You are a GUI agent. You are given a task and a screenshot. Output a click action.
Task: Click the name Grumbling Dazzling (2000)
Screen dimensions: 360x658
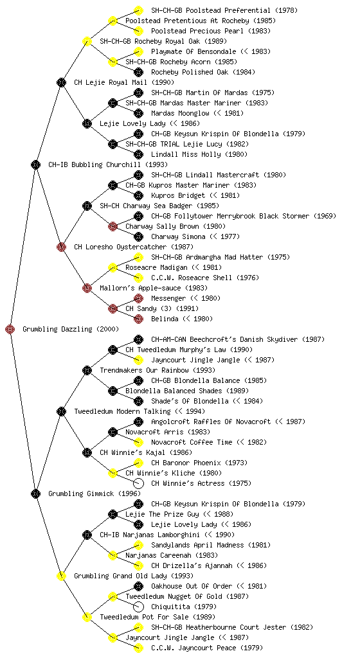coord(71,329)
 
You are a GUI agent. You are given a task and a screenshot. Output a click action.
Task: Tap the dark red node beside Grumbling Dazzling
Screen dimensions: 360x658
coord(10,329)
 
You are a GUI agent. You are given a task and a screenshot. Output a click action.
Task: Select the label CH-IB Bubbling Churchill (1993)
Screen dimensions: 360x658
coord(108,164)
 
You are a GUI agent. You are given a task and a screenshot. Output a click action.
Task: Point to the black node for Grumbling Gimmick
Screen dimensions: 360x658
coord(35,493)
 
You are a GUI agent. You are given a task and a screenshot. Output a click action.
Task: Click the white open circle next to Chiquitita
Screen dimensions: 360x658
coord(138,607)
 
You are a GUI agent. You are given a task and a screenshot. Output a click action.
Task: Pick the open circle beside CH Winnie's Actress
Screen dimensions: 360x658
coord(138,483)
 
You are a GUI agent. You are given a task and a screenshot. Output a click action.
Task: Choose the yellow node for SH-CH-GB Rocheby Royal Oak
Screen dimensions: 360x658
coord(87,41)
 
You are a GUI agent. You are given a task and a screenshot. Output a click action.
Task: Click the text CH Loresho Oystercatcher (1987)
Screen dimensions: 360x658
coord(134,247)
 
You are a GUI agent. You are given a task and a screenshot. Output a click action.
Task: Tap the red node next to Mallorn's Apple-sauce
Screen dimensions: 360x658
coord(87,288)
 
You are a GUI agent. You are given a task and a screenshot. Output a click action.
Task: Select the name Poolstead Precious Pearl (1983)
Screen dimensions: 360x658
coord(211,31)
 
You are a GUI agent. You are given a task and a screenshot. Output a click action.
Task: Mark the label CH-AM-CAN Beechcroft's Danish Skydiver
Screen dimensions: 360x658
coord(224,339)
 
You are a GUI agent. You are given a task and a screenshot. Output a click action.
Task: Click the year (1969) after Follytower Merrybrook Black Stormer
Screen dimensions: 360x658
coord(325,216)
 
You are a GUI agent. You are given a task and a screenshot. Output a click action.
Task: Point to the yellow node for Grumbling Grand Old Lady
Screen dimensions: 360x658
coord(61,576)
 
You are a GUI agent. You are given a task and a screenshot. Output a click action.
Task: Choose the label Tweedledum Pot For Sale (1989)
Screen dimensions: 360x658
coord(157,617)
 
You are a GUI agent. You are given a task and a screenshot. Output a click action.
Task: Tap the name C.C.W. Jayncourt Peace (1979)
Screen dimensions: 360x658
coord(207,648)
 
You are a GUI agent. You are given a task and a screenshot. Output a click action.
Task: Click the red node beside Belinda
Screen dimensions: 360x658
coord(138,319)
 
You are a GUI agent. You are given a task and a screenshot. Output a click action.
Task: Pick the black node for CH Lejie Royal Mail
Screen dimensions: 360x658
coord(61,82)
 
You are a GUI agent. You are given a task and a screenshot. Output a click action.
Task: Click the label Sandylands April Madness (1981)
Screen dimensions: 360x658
coord(211,545)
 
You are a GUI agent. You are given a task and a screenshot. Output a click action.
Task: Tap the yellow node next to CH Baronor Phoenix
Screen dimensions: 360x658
coord(138,463)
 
